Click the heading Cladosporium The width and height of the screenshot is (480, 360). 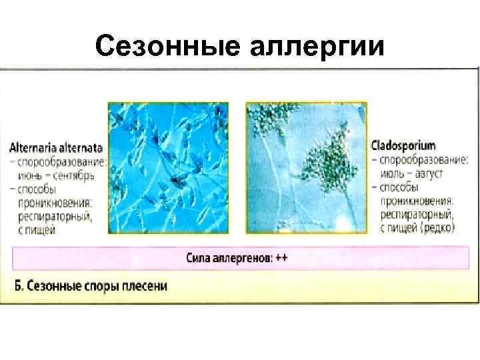click(405, 145)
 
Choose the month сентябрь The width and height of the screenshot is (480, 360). click(73, 175)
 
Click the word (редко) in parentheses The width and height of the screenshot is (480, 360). click(437, 228)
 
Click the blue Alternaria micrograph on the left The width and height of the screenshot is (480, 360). click(168, 167)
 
